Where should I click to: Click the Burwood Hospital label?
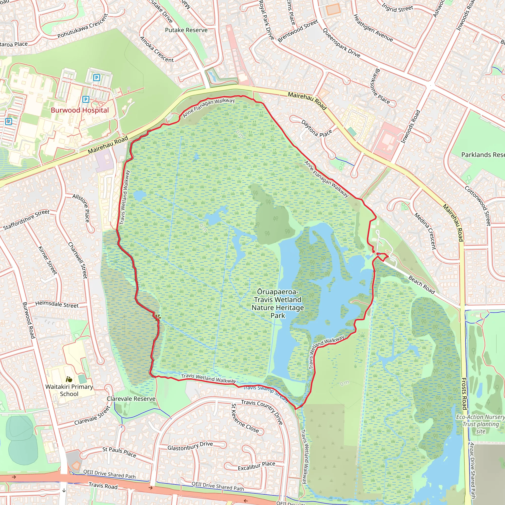[80, 110]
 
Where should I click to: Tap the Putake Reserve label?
[186, 30]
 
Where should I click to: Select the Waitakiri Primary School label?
[69, 390]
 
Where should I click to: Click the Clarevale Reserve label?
[131, 399]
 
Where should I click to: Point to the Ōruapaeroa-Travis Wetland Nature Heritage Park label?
[278, 304]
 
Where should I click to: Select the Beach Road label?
[421, 285]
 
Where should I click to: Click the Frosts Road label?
[464, 394]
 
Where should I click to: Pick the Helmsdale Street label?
[57, 304]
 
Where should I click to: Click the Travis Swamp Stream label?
[265, 393]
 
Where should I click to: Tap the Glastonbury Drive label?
[190, 446]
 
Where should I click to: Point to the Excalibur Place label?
[256, 466]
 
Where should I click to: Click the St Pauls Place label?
[119, 452]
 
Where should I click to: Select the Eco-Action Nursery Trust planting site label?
[480, 424]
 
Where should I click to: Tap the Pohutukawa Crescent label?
[83, 26]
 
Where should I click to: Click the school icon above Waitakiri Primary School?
[69, 379]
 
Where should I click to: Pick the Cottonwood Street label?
[478, 206]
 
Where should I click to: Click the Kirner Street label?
[47, 260]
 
